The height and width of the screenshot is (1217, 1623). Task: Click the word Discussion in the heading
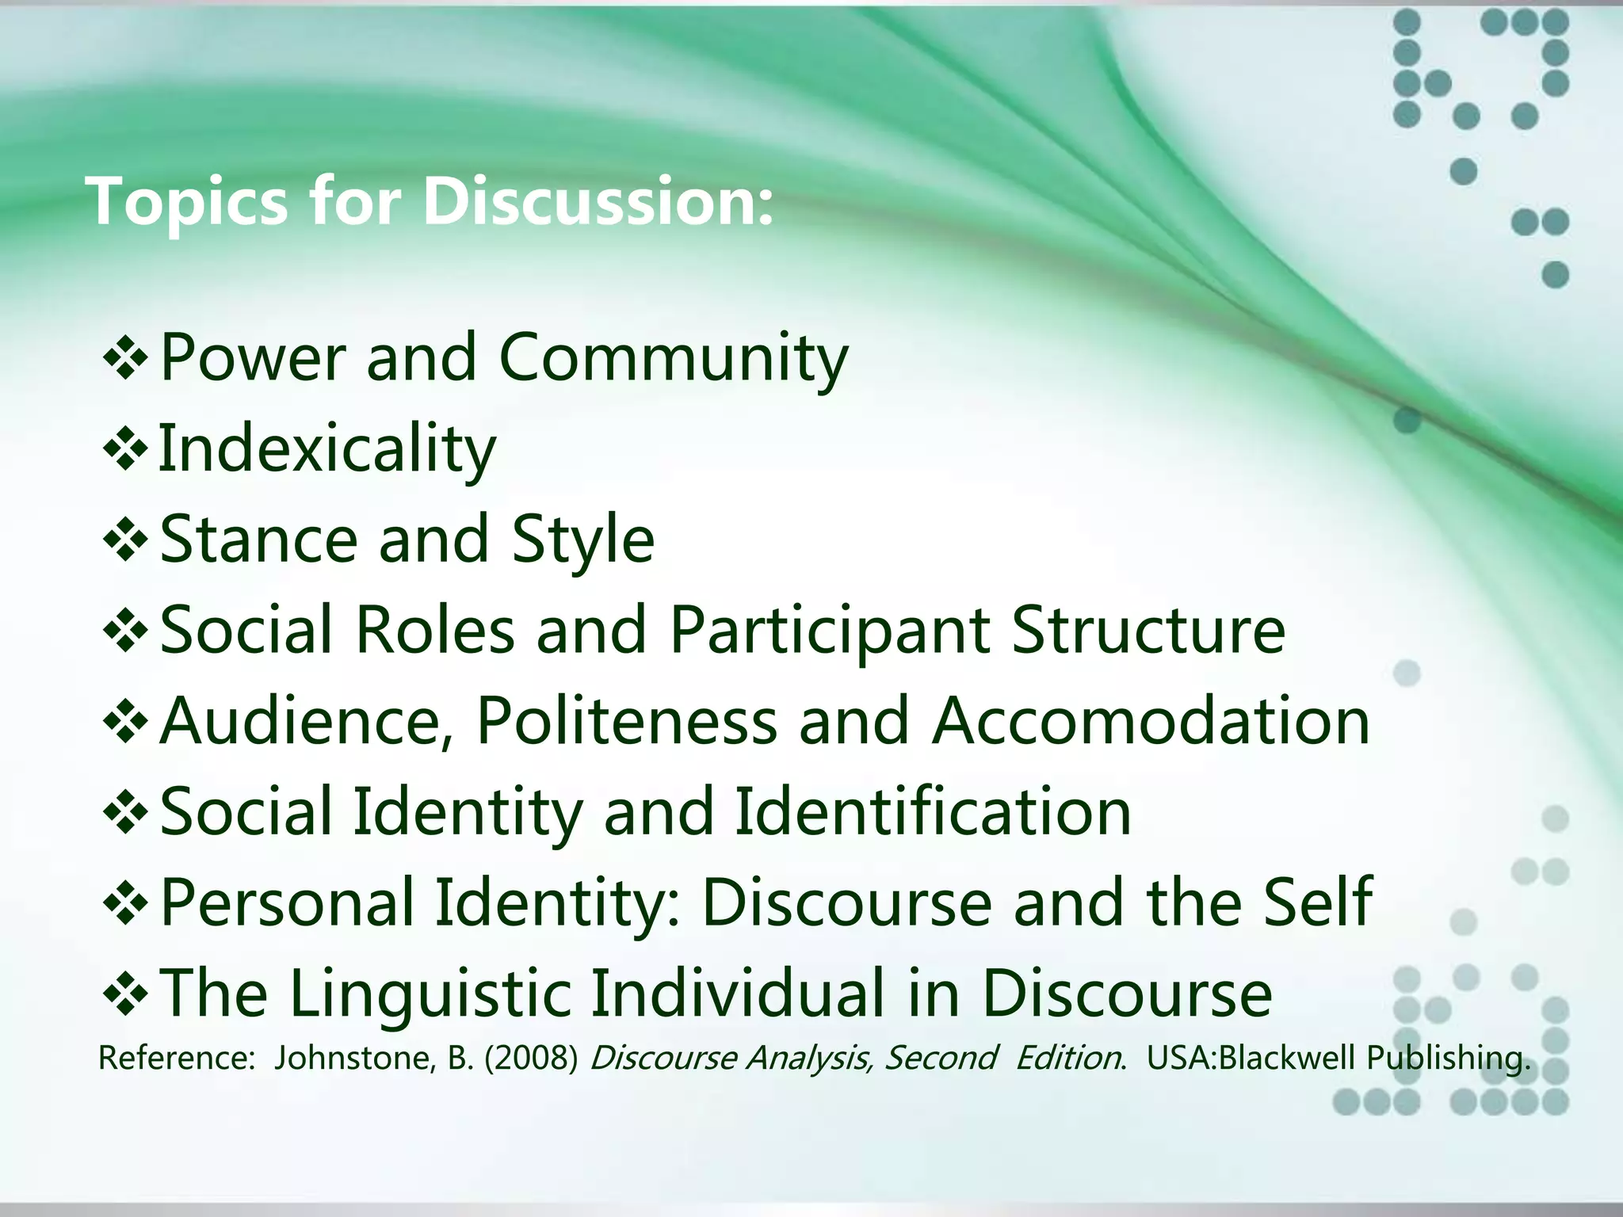click(597, 201)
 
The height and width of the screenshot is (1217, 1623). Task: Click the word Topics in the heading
click(187, 203)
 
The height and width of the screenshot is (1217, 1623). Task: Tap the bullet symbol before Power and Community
click(125, 359)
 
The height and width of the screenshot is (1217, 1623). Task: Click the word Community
click(674, 359)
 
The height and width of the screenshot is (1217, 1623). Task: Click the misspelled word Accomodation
click(1151, 721)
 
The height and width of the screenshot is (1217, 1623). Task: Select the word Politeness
click(627, 721)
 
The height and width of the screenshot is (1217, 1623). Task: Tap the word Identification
click(934, 811)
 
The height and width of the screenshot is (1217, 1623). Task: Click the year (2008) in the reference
click(531, 1059)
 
